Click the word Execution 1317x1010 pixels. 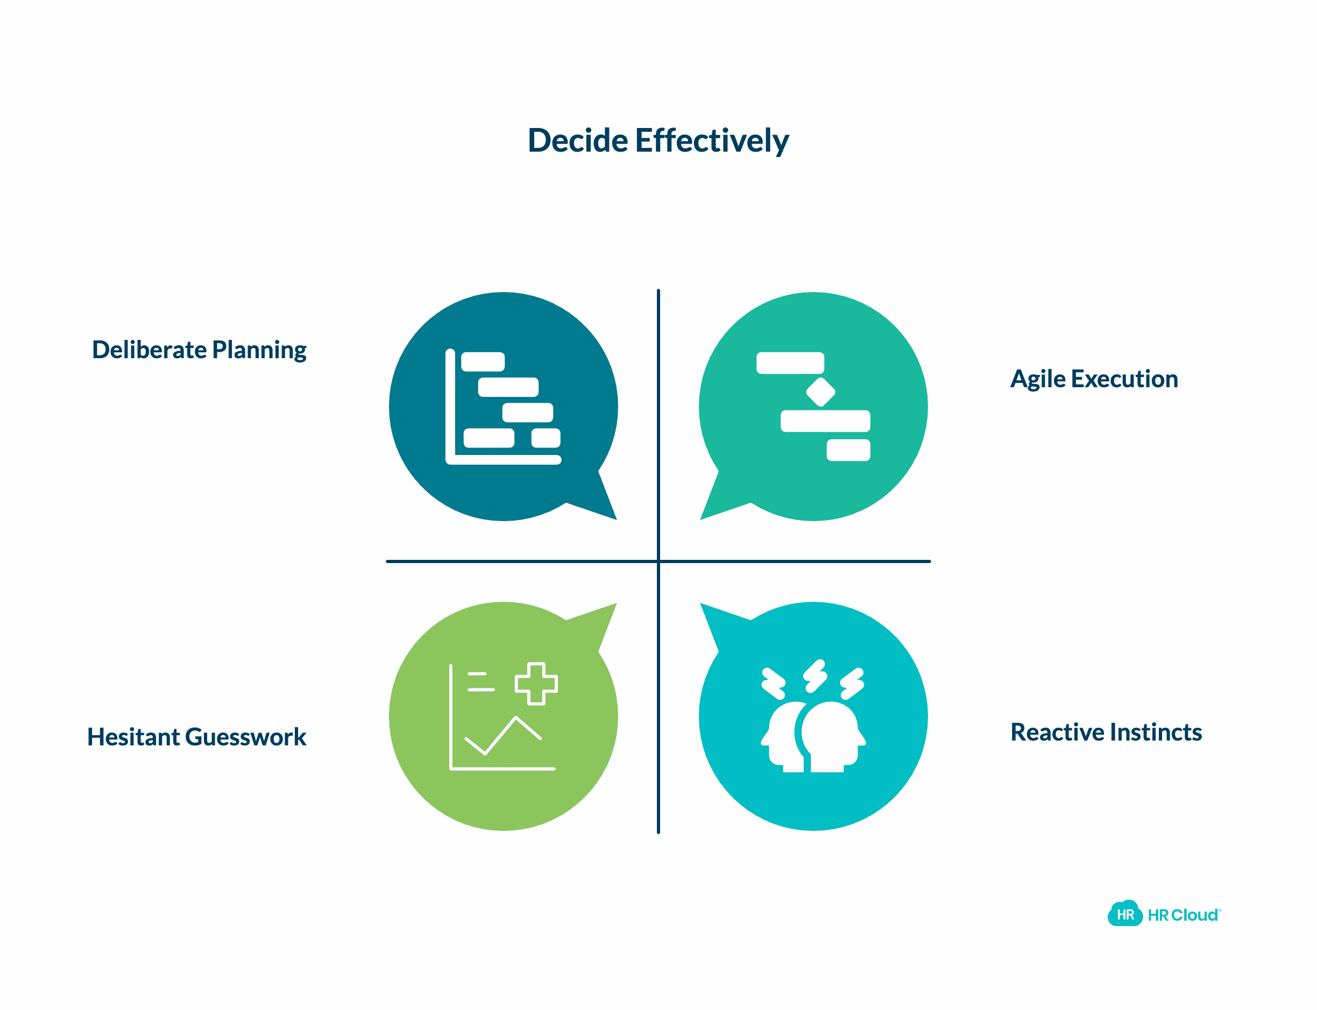1124,379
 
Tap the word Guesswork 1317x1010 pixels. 245,737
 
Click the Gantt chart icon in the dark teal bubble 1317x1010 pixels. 504,407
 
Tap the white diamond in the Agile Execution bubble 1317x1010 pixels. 820,392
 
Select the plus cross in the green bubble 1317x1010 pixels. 536,684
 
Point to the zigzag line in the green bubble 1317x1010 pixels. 504,735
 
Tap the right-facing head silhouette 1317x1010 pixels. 833,736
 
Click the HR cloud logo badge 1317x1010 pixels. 1125,914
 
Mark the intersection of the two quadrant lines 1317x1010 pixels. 658,561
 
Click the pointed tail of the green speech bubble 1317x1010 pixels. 617,603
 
